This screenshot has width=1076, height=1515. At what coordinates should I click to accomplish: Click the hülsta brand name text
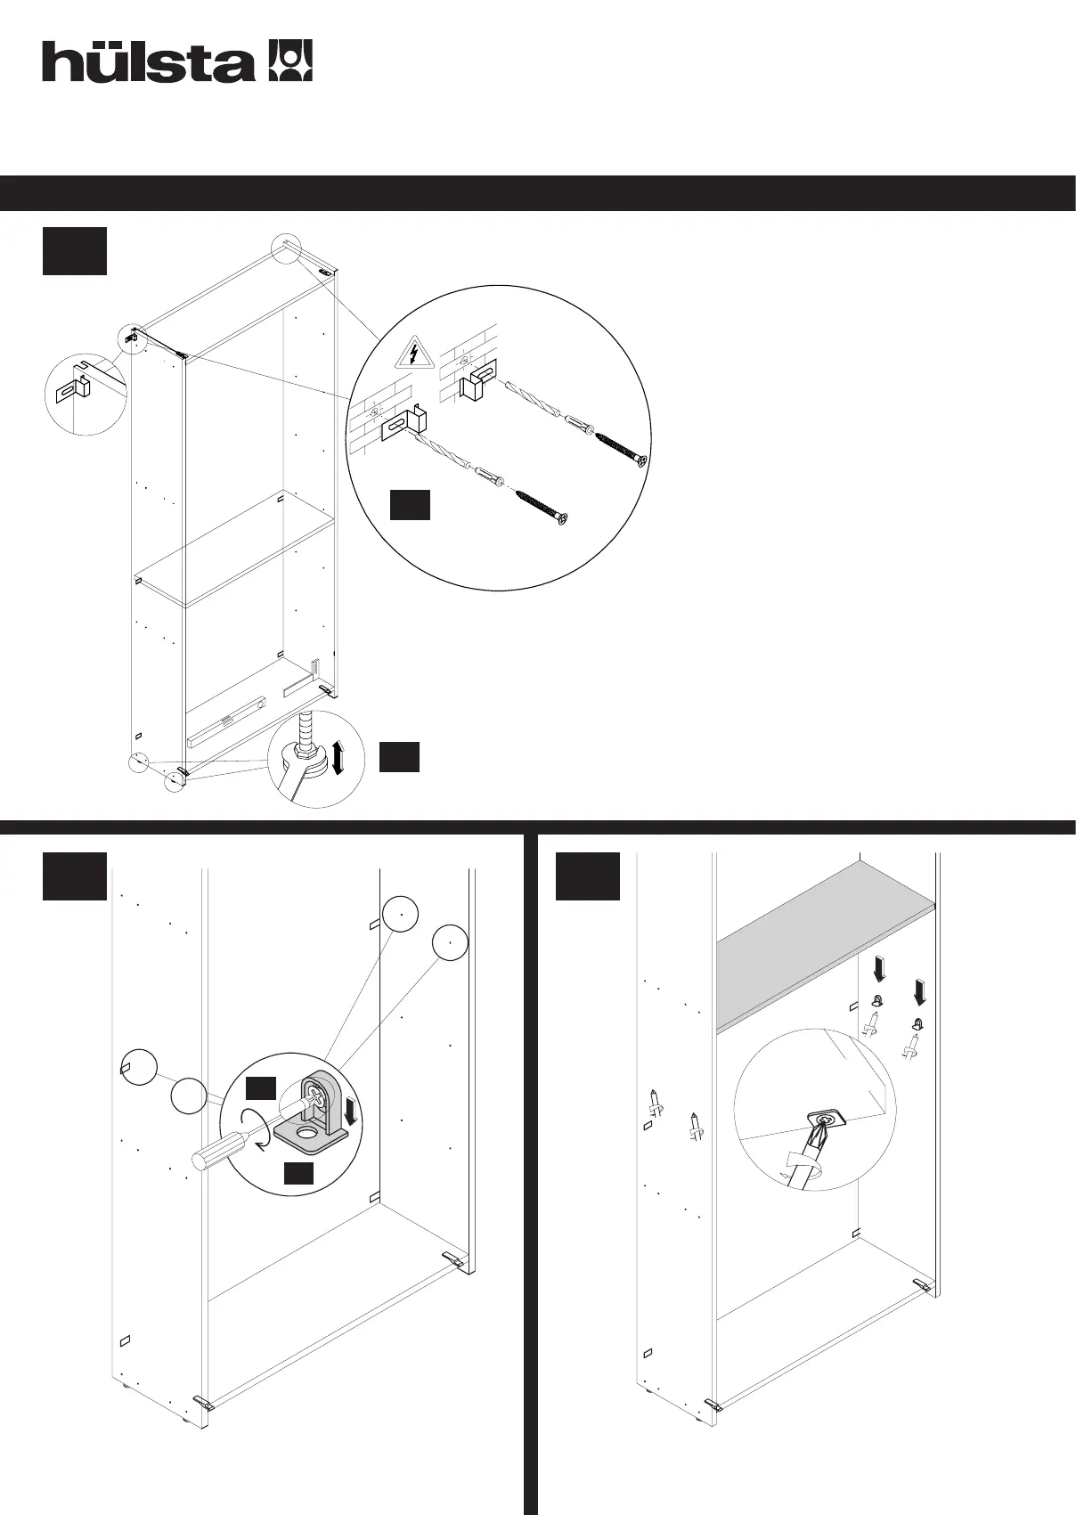[148, 62]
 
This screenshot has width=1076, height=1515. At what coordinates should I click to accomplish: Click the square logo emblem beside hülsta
[290, 61]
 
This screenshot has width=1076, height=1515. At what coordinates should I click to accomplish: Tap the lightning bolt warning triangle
[414, 354]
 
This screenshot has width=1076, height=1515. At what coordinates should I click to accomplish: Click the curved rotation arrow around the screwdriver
[253, 1128]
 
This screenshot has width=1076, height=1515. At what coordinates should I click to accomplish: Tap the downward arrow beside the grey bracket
[353, 1111]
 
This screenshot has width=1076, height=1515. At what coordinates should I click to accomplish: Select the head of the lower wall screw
[561, 517]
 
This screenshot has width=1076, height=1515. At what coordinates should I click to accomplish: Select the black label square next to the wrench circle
[399, 756]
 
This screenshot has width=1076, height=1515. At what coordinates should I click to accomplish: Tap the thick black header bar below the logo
[538, 193]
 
